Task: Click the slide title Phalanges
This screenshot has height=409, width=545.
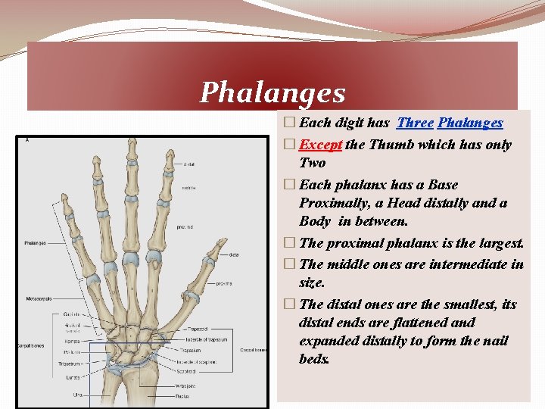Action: tap(272, 93)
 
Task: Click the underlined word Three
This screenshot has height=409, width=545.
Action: tap(415, 123)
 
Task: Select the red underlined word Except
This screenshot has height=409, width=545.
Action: tap(322, 145)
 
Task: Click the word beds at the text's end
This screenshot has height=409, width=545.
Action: tap(314, 359)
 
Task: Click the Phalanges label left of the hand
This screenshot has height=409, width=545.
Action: tap(35, 243)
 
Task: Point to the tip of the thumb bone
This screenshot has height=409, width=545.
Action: tap(221, 243)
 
